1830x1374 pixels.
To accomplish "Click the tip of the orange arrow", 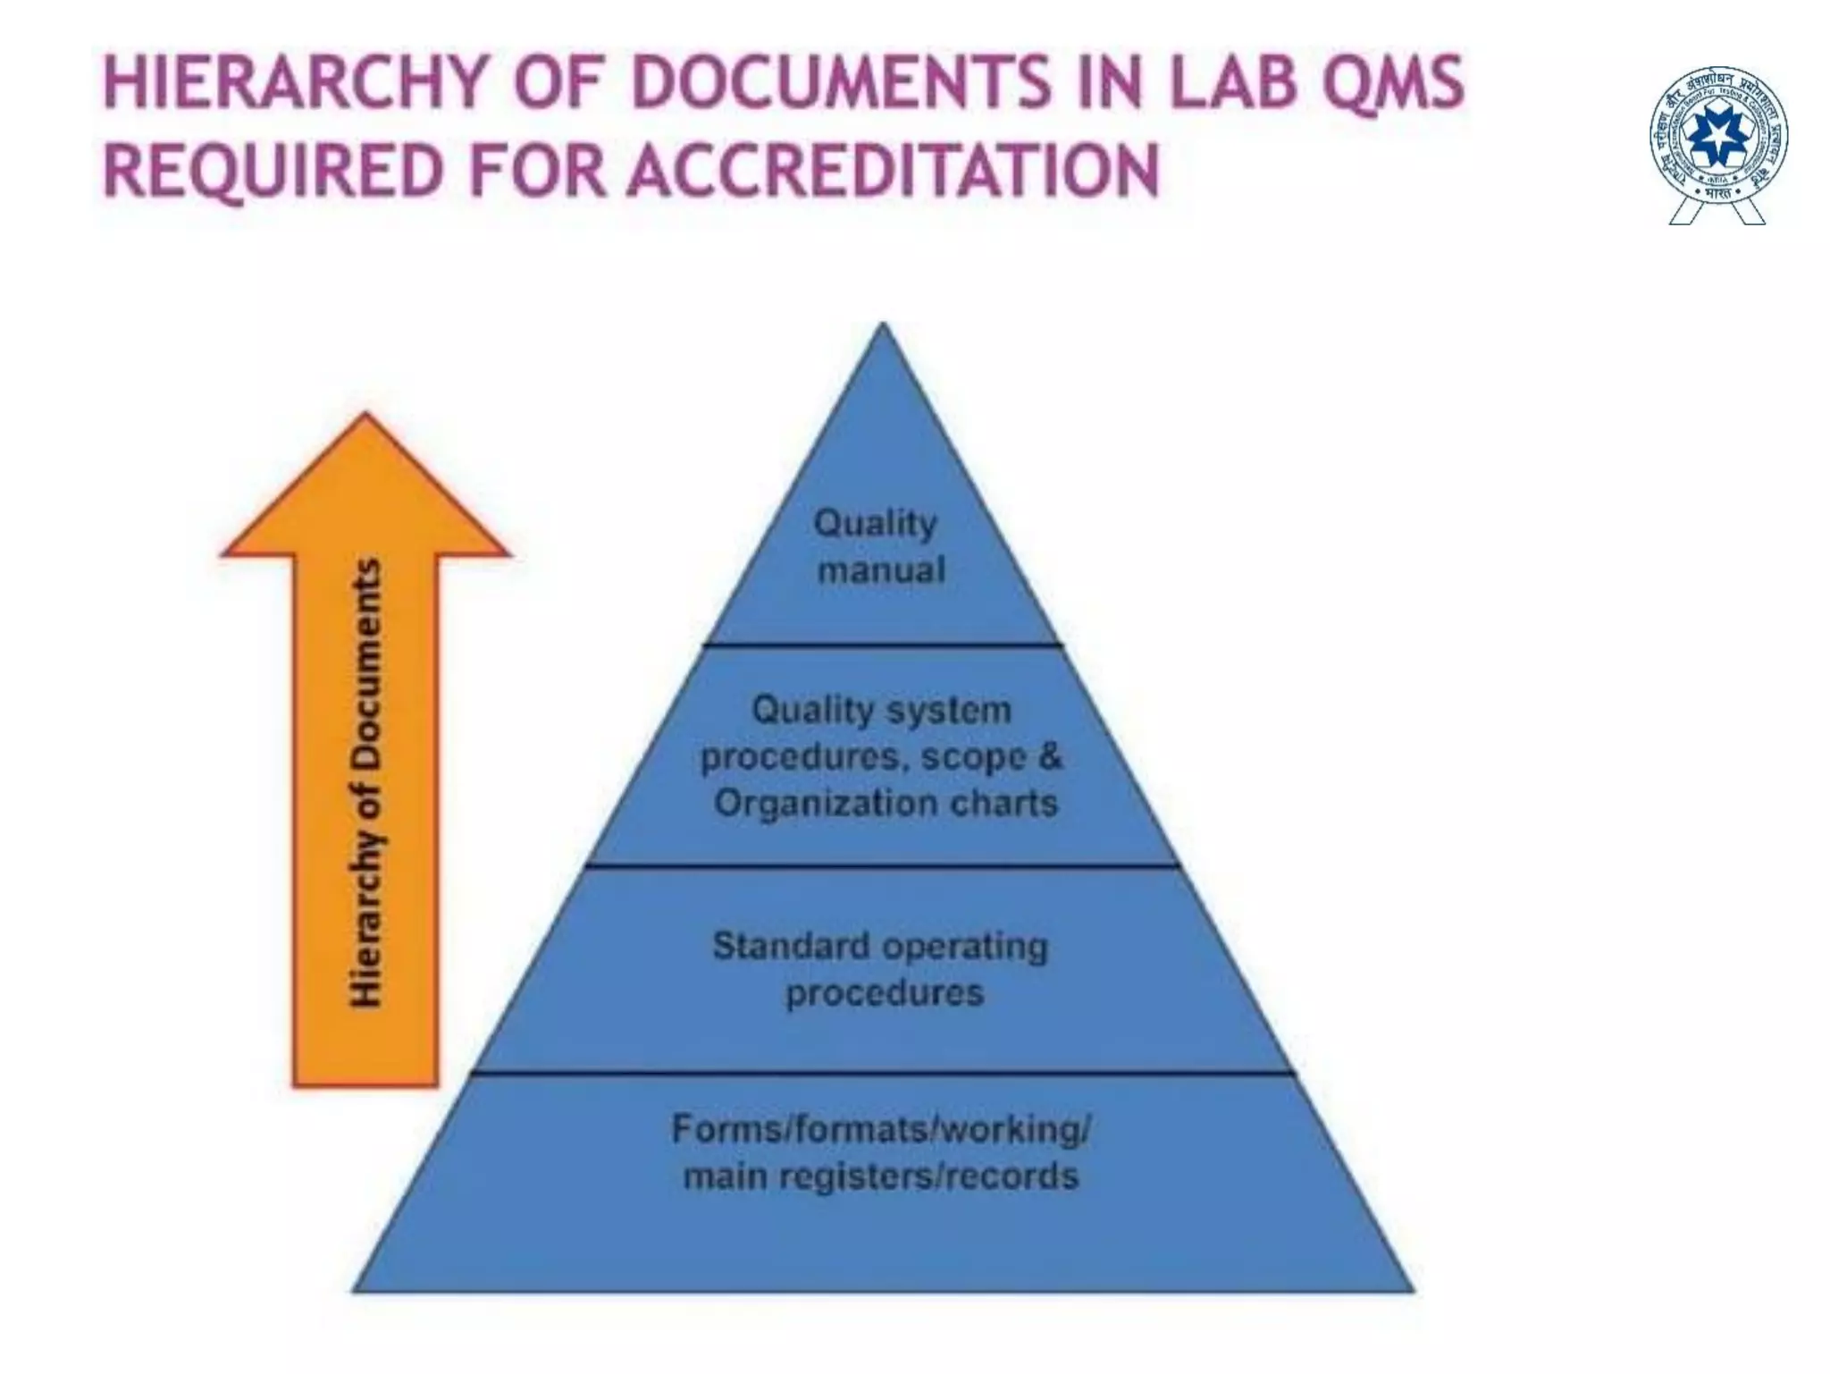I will (x=365, y=416).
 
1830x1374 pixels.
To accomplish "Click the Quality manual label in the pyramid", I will (x=880, y=546).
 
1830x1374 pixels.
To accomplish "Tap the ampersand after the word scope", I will (x=1049, y=756).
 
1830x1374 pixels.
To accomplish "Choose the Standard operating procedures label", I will (x=881, y=969).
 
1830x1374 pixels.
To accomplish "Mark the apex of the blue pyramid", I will (x=883, y=327).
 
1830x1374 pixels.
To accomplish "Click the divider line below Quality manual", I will (x=883, y=644).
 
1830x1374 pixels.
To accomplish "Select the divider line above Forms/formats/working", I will (x=883, y=1073).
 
